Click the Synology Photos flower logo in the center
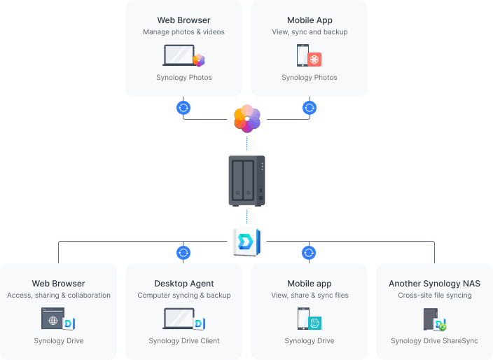click(x=246, y=117)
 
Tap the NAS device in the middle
click(x=246, y=180)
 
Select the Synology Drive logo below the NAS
click(x=246, y=241)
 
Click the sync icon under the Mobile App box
click(x=310, y=108)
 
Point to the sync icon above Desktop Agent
click(x=183, y=253)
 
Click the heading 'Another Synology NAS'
click(x=434, y=284)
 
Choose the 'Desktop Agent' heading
click(x=184, y=284)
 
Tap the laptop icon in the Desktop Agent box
click(x=179, y=319)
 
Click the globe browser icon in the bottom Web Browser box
click(x=53, y=319)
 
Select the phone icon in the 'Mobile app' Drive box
click(x=303, y=319)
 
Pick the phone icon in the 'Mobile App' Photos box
click(x=303, y=55)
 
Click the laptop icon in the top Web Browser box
click(x=179, y=55)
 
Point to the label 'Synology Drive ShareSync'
click(x=434, y=341)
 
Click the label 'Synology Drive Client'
click(x=184, y=341)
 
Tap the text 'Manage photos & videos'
click(x=183, y=32)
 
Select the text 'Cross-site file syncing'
click(x=434, y=296)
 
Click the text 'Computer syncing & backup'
click(x=184, y=296)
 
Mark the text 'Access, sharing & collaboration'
click(x=59, y=296)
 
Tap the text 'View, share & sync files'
click(x=310, y=296)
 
